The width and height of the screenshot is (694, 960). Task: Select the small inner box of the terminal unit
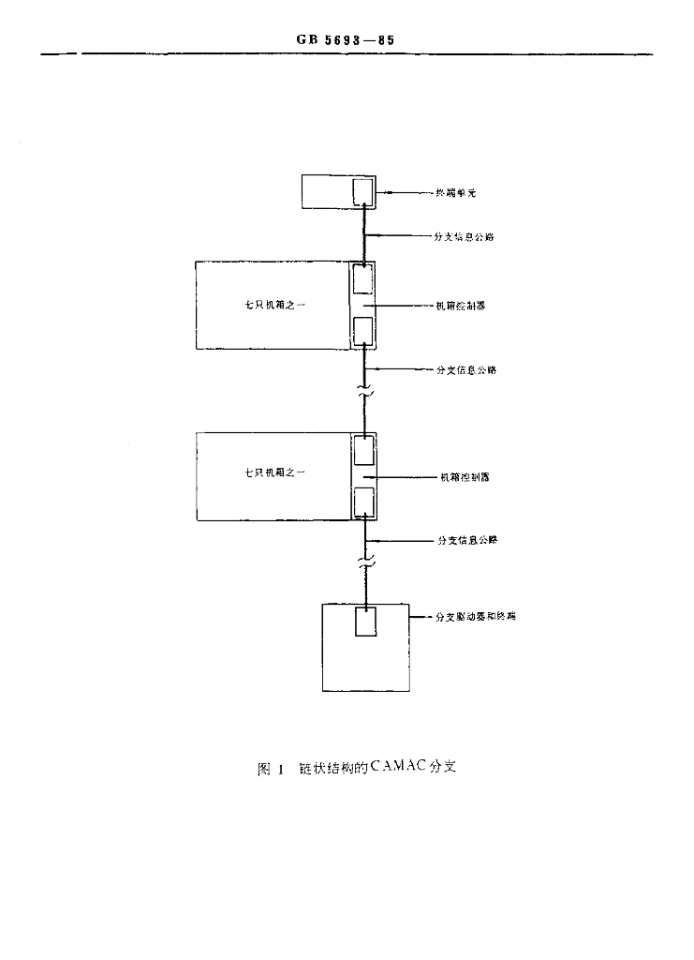tap(362, 192)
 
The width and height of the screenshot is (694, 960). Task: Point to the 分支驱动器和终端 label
tap(477, 617)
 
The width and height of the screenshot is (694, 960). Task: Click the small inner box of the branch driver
tap(365, 621)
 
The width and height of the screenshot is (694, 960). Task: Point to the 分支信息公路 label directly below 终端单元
tap(465, 237)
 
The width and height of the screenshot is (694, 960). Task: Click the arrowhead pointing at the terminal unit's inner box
tap(377, 194)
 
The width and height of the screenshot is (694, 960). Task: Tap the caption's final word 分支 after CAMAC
tap(442, 770)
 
